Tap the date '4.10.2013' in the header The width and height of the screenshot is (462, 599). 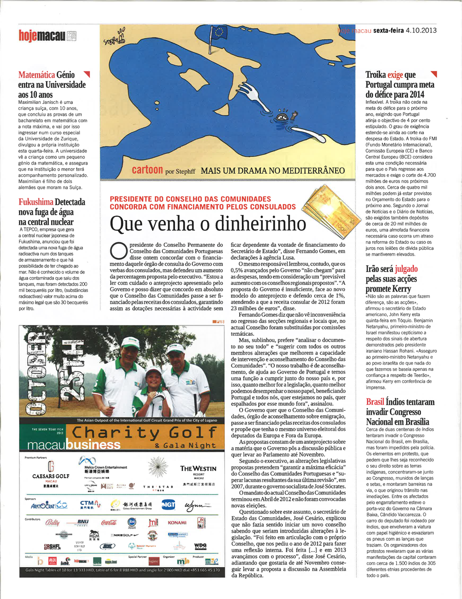click(421, 30)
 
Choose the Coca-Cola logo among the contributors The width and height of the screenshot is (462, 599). click(109, 522)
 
